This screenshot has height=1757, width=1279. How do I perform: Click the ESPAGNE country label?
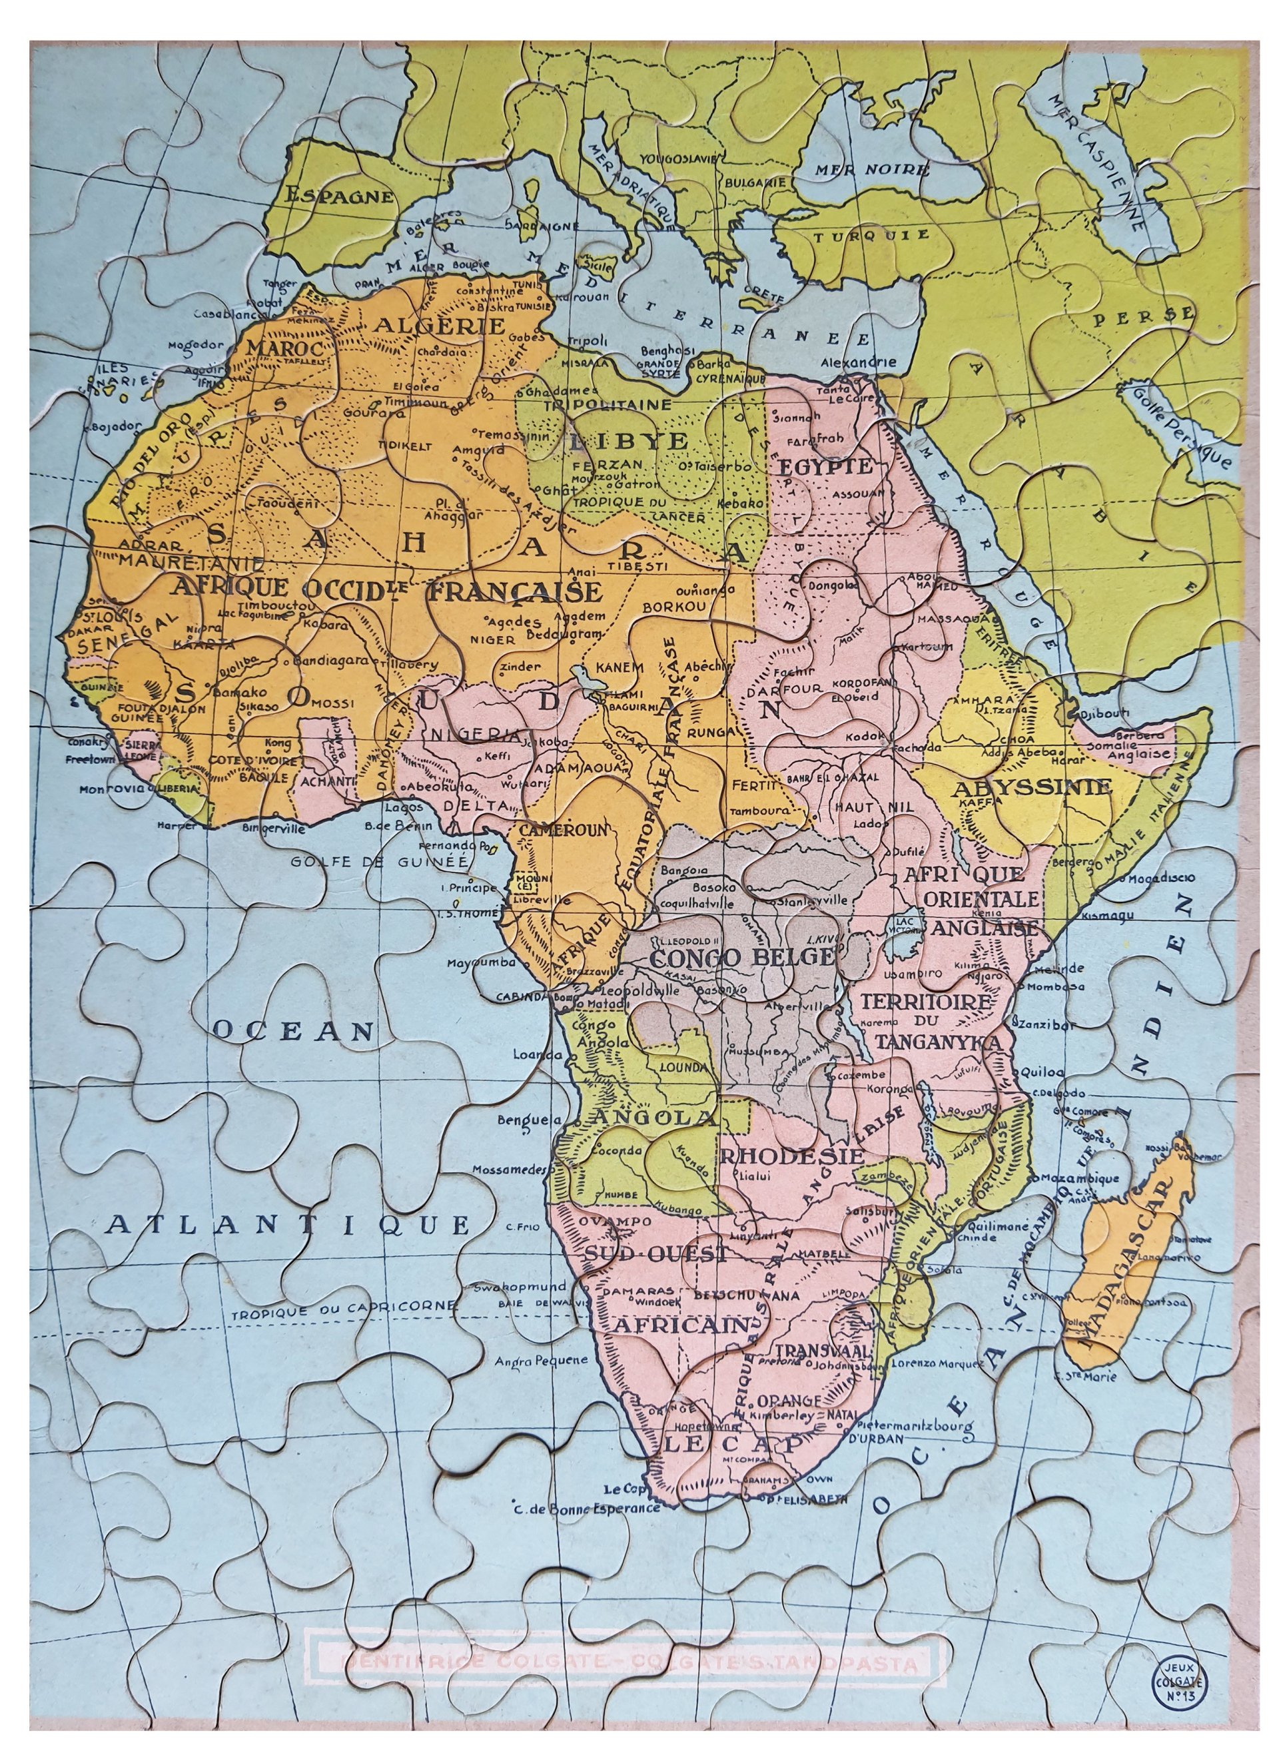[x=339, y=195]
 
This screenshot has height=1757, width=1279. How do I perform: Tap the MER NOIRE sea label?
[x=871, y=170]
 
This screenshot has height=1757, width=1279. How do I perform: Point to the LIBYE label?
[x=628, y=441]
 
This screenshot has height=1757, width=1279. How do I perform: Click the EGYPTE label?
[x=826, y=466]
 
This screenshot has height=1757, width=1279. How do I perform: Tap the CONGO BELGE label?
[x=742, y=958]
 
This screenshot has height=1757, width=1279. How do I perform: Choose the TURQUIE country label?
[x=871, y=234]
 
